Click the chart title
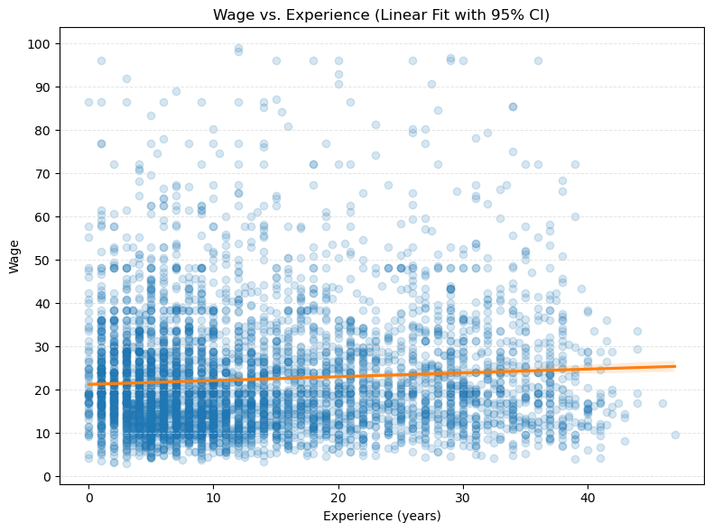point(381,15)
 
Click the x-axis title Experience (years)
point(381,516)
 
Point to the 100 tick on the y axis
point(42,43)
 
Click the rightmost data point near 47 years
point(675,435)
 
